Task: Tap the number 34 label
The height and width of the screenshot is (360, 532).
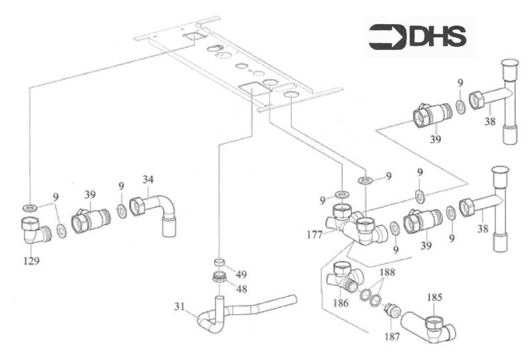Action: click(x=148, y=179)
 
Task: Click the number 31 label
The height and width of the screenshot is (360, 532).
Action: click(x=180, y=307)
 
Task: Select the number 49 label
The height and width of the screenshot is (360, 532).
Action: click(x=243, y=274)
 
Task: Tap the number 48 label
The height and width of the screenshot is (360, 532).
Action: click(x=243, y=289)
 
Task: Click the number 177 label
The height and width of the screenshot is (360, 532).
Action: click(x=315, y=234)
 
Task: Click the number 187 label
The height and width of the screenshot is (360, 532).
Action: click(x=392, y=337)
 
